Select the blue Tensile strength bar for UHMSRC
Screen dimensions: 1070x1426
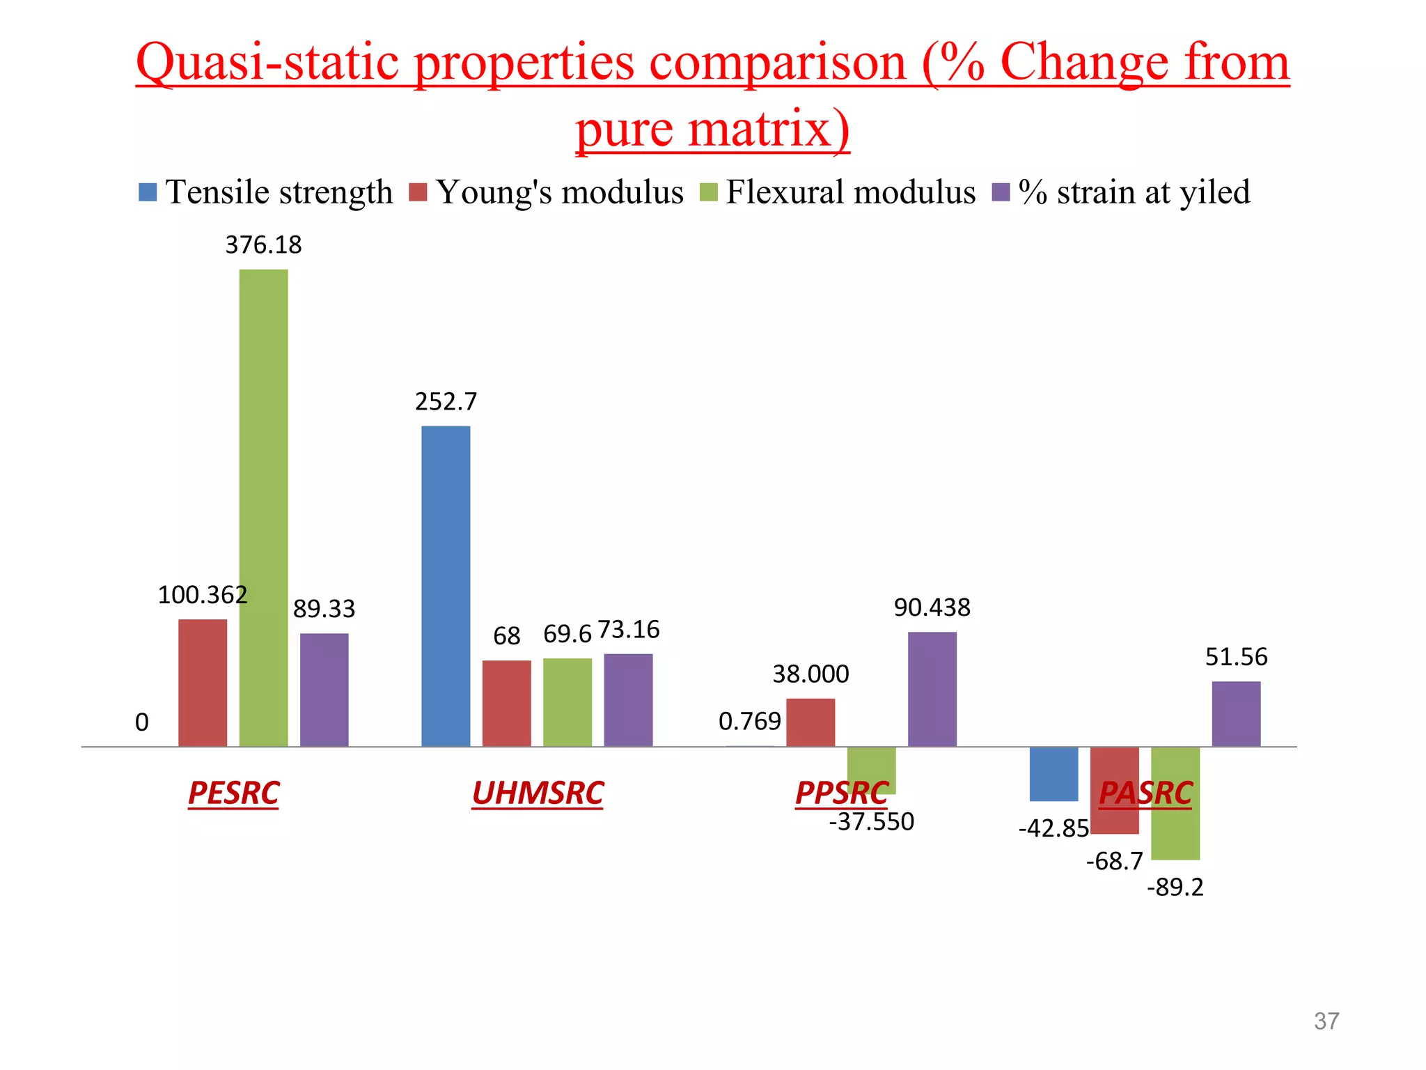446,586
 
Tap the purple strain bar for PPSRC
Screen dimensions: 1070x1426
932,689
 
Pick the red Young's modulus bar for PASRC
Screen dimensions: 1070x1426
1114,790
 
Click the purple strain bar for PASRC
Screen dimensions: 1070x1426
1236,714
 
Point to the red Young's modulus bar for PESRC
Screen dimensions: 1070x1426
203,683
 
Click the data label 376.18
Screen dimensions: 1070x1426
263,245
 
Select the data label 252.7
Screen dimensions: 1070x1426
446,402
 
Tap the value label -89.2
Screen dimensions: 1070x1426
1175,887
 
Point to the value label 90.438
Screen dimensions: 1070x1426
932,608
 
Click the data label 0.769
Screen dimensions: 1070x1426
749,722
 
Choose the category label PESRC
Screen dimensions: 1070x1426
233,793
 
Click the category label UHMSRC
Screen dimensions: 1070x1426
538,793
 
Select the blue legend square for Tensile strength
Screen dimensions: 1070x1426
148,192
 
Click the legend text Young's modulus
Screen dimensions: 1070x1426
560,192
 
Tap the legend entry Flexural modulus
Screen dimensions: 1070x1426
850,192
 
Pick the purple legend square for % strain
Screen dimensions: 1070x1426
1001,192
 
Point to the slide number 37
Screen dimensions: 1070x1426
1326,1021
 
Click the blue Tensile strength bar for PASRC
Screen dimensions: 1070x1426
1053,773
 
